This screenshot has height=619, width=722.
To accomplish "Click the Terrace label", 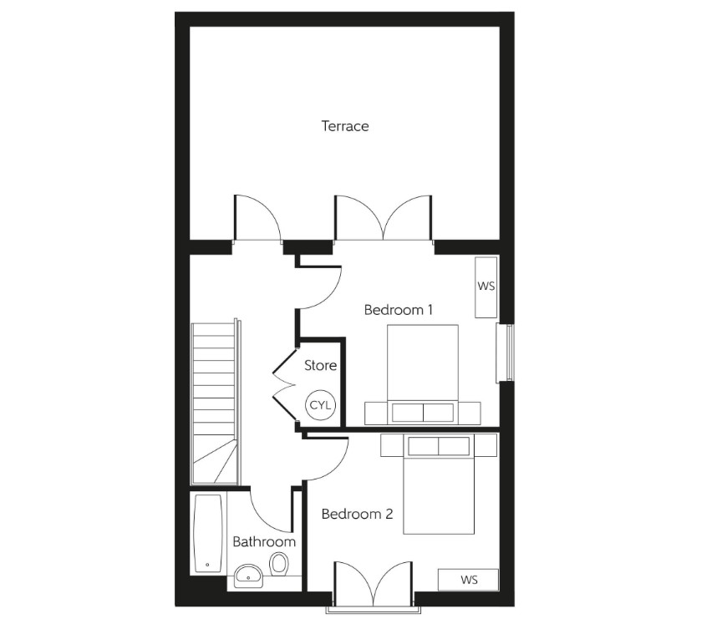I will click(x=345, y=126).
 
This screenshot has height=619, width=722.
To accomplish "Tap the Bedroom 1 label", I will click(x=399, y=310).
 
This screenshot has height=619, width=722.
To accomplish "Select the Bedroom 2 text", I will click(x=357, y=515).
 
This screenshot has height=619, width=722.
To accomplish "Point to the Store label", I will click(x=320, y=365).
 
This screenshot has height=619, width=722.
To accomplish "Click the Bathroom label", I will click(x=264, y=541).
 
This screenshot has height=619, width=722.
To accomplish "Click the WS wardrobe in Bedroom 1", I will click(x=486, y=287).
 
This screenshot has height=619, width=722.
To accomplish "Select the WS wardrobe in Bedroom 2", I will click(x=469, y=579).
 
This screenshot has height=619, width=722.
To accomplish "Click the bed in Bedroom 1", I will click(x=423, y=368).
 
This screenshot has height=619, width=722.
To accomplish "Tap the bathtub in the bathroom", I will click(x=208, y=532).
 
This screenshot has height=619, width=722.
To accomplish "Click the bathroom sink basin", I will click(x=247, y=575).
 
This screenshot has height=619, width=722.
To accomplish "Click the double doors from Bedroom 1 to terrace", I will click(x=384, y=219).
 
